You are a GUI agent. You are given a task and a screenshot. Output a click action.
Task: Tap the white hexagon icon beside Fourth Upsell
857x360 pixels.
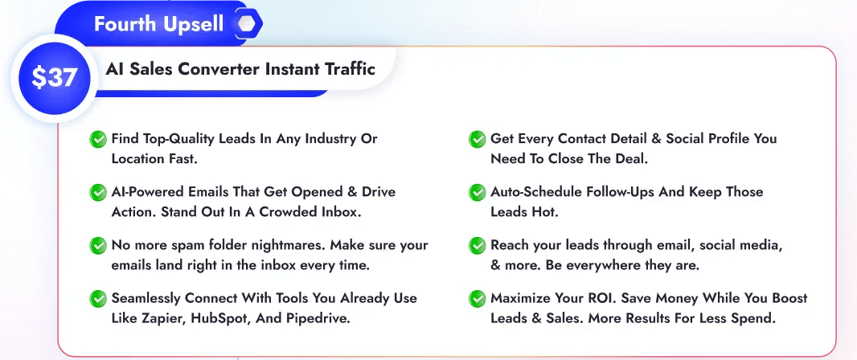point(246,24)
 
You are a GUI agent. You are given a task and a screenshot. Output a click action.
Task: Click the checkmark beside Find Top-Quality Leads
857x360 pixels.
point(98,140)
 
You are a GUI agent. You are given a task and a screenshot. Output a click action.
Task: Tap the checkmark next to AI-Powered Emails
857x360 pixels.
point(98,193)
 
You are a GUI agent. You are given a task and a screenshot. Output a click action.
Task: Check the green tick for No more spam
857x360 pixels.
point(98,246)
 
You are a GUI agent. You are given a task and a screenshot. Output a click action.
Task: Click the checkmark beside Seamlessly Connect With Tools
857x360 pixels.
point(98,299)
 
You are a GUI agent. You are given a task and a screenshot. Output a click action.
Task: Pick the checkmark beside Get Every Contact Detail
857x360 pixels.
point(478,140)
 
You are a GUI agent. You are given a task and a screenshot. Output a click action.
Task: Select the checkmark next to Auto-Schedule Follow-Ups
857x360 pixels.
point(478,193)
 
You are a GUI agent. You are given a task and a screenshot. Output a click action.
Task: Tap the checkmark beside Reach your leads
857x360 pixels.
point(478,246)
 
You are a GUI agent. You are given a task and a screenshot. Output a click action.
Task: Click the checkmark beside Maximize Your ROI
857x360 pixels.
point(478,299)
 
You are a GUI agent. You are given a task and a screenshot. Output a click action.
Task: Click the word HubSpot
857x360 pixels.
point(235,317)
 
